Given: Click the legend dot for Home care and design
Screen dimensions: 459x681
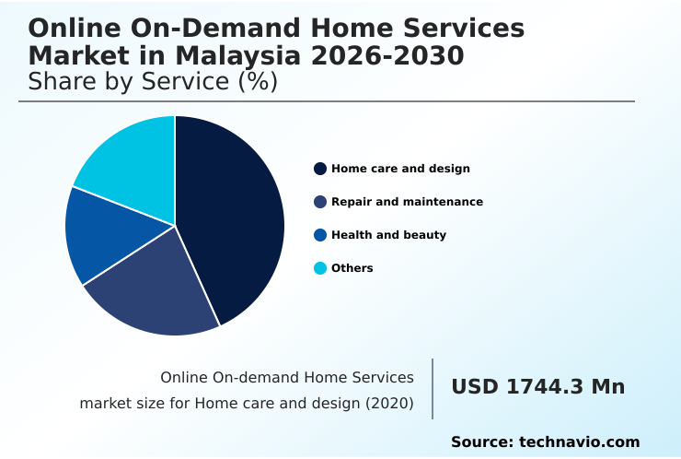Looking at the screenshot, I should tap(320, 169).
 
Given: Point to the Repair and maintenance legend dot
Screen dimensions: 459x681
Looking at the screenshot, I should tap(320, 202).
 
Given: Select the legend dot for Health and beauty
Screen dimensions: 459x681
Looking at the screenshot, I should tap(320, 235).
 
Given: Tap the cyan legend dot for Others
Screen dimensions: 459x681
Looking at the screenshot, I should tap(320, 268).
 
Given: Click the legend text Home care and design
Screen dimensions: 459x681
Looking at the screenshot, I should tap(400, 169).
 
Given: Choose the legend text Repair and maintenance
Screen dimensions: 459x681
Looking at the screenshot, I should tap(407, 202).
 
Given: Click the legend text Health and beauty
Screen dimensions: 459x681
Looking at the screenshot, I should tap(388, 235).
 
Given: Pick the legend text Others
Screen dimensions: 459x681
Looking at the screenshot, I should tap(352, 268).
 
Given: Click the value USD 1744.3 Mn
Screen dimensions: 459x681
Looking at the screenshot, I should tap(537, 387).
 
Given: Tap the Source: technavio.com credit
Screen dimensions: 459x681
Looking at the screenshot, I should tap(545, 442).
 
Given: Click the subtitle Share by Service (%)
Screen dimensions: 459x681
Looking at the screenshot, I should tap(153, 81).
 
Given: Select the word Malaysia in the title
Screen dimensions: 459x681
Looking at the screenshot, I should tap(231, 55).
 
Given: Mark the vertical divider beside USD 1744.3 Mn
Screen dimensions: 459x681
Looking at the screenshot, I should tap(433, 388).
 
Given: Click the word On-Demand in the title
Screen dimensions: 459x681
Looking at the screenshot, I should tap(188, 29).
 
